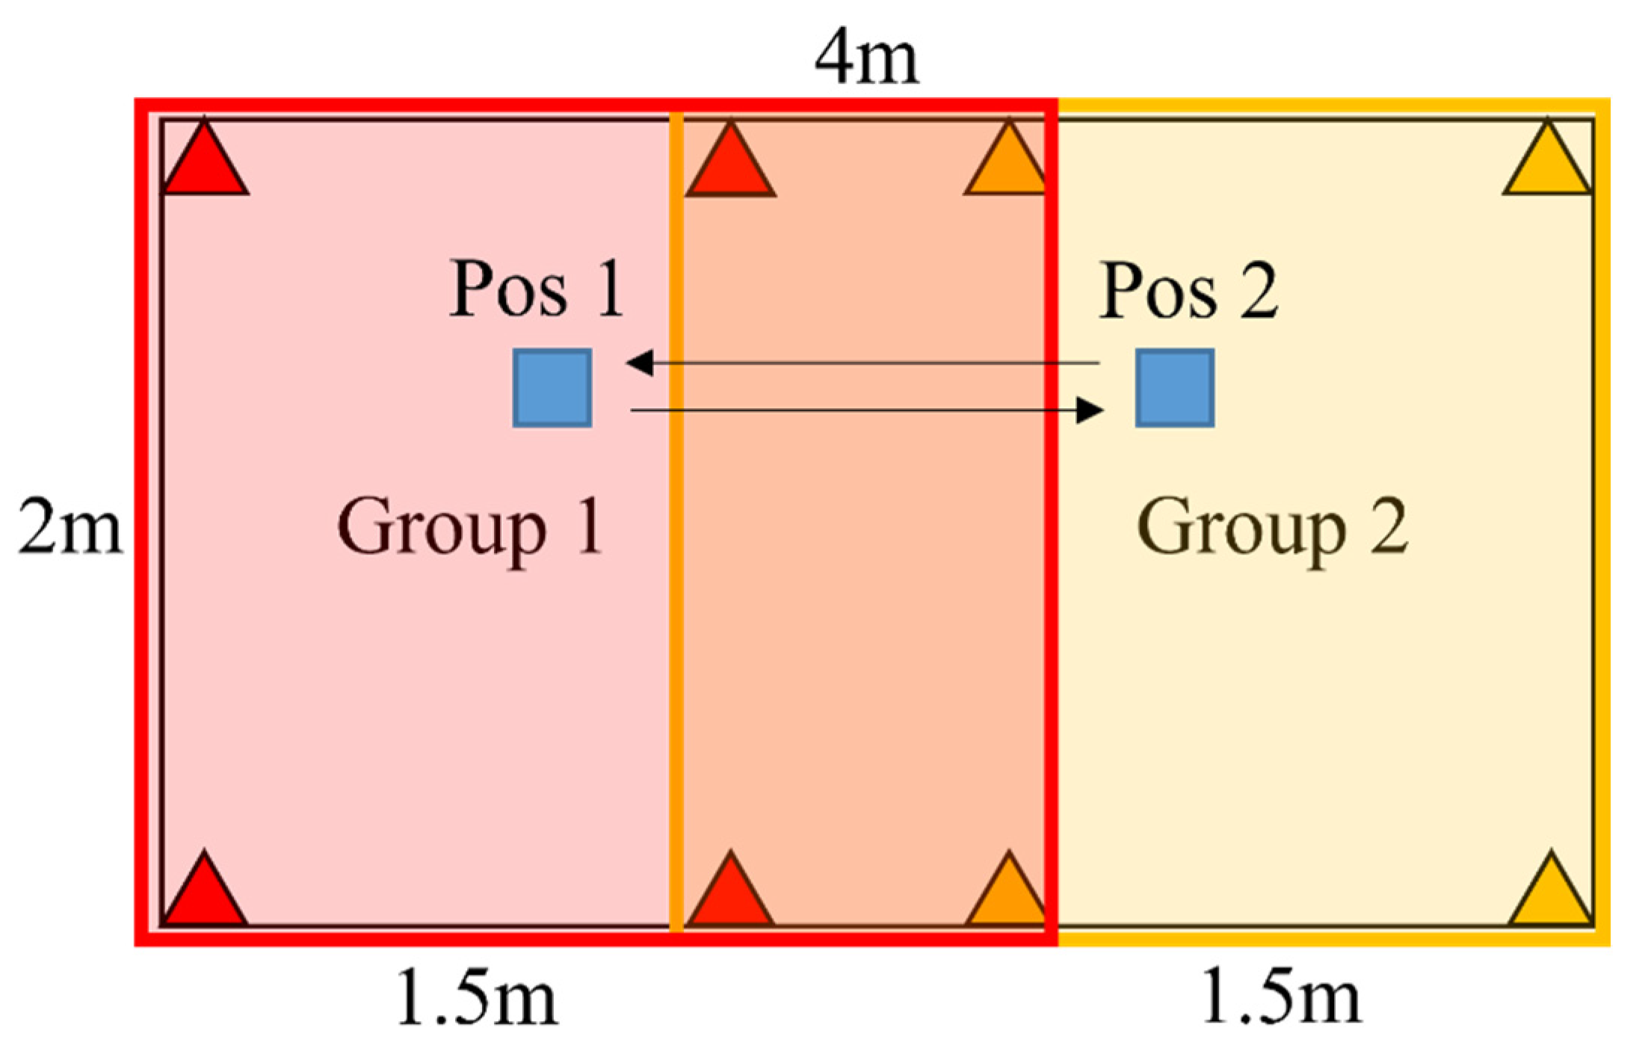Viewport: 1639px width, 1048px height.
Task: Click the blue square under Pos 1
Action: click(552, 388)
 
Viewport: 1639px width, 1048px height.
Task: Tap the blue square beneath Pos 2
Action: click(1174, 388)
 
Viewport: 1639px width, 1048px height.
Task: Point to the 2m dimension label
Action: click(70, 527)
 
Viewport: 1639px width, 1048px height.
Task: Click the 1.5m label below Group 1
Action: click(477, 997)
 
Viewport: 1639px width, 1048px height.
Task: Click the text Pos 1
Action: click(536, 290)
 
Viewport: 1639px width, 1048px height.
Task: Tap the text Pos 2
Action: click(1188, 291)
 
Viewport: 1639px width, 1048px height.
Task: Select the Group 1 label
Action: click(469, 528)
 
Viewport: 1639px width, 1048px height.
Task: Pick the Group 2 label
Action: click(1272, 528)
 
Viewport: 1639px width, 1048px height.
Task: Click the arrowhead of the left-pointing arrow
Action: click(640, 363)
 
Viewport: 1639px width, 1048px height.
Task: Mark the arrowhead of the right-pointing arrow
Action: click(1090, 410)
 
